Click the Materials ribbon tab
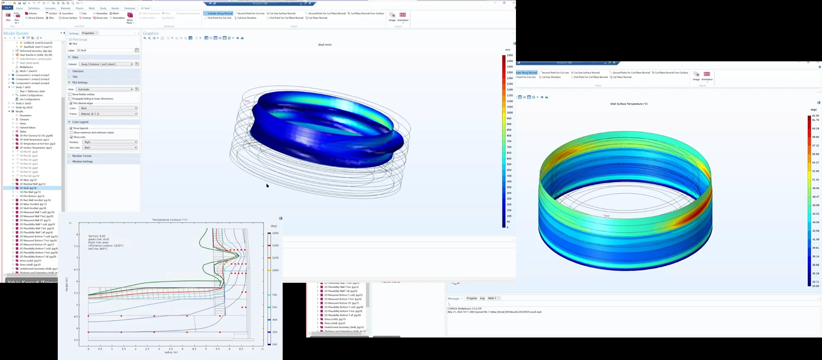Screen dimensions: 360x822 click(x=65, y=8)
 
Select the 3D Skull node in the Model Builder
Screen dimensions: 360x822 click(x=27, y=188)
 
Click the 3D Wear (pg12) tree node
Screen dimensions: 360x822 click(x=28, y=180)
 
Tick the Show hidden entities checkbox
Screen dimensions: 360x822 click(x=71, y=94)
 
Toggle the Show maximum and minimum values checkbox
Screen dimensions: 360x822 click(x=71, y=132)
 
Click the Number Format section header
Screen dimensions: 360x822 click(x=82, y=156)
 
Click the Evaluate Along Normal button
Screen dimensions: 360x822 click(x=218, y=13)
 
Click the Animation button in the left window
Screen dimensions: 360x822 click(x=403, y=17)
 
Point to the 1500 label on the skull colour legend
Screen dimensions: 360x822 click(x=510, y=56)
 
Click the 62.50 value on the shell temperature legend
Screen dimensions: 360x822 click(x=815, y=116)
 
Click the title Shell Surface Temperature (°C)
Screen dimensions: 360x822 click(x=629, y=104)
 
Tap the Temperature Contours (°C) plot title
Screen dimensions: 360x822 click(x=170, y=220)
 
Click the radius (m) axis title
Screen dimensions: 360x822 click(x=171, y=352)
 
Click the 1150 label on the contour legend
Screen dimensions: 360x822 click(x=275, y=258)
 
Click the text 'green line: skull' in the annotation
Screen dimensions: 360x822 click(x=99, y=240)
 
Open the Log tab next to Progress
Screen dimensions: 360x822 click(x=482, y=298)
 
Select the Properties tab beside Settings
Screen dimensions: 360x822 click(x=88, y=33)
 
